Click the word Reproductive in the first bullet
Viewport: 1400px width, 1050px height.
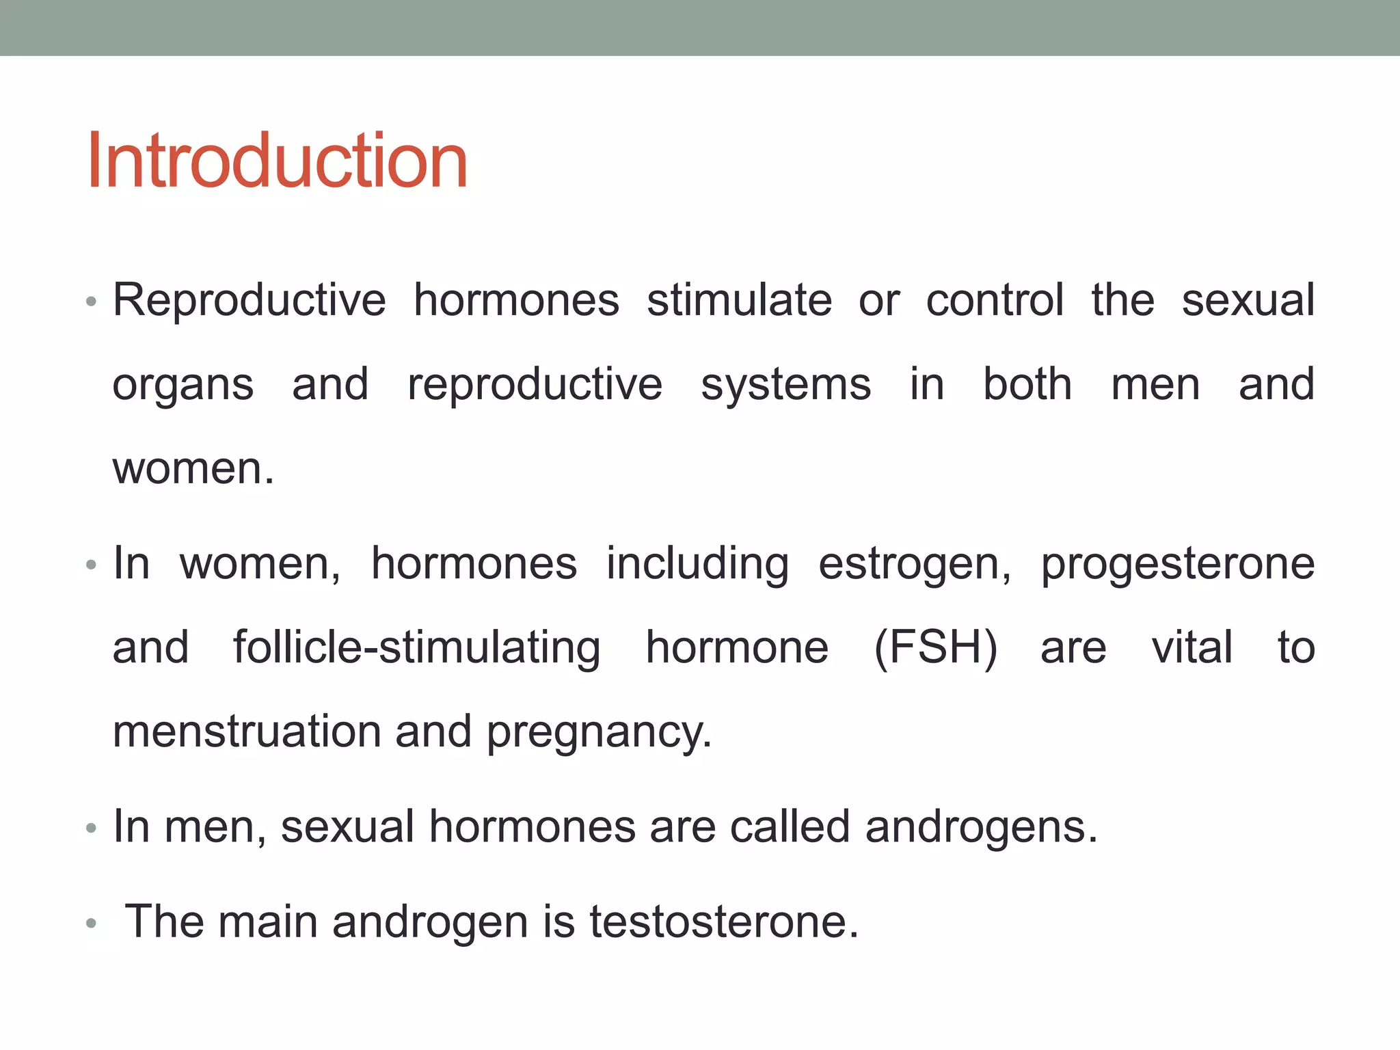[249, 301]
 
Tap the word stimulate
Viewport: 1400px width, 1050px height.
[739, 301]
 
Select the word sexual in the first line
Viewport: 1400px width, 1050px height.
[1248, 301]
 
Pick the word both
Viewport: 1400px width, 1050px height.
[1027, 384]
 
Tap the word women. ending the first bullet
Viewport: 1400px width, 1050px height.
[193, 469]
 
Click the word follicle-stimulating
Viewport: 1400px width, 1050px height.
[416, 648]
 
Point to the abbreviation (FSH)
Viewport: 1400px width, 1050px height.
[935, 648]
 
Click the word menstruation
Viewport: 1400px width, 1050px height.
[246, 731]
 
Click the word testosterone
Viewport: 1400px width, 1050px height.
[723, 921]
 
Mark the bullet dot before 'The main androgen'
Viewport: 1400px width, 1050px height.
[92, 924]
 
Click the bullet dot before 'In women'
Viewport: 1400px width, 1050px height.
[92, 565]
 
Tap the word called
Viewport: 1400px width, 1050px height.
[790, 827]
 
